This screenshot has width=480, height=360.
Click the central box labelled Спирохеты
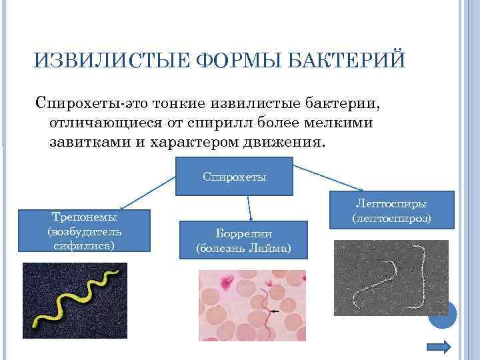point(234,177)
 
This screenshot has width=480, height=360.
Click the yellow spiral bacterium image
point(74,300)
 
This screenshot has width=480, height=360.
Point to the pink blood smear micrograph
point(252,305)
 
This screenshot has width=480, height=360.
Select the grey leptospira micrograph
point(391,278)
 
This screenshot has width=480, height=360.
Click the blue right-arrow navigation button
point(439,347)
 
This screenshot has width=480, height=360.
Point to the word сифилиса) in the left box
point(84,245)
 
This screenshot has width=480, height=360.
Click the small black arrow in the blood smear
point(274,311)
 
